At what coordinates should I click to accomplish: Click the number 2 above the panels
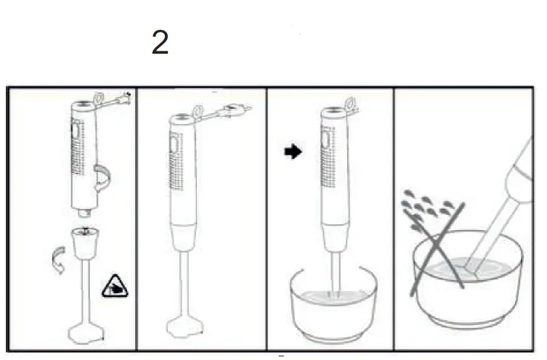160,44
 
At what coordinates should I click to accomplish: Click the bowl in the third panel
333,308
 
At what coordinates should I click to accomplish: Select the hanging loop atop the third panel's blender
353,104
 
